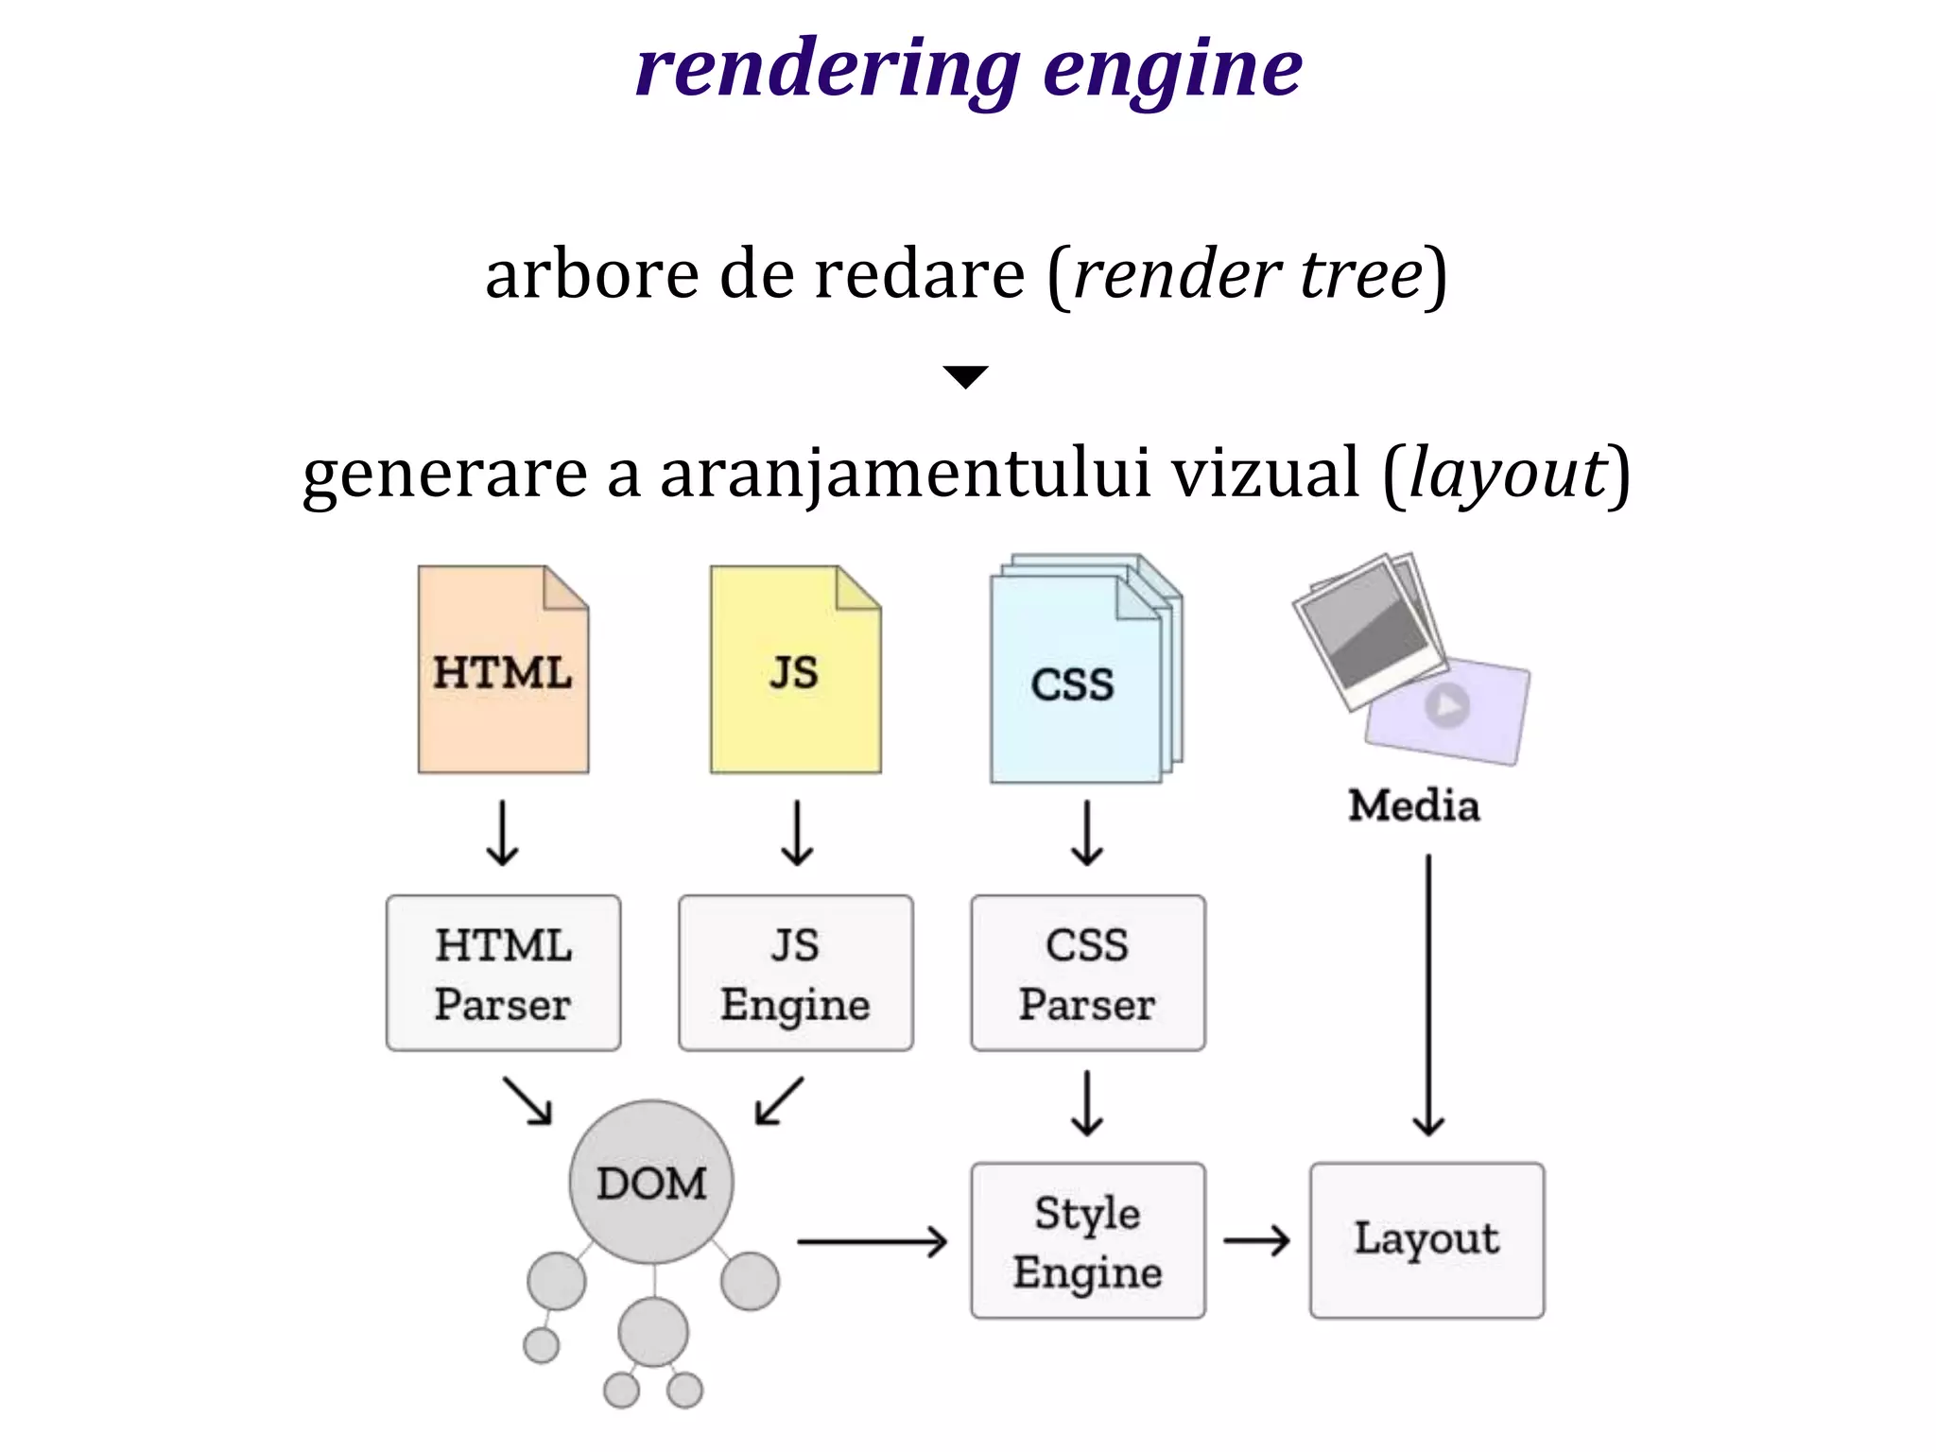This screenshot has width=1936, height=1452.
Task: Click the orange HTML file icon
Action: pyautogui.click(x=503, y=670)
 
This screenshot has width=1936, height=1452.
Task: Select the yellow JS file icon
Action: pyautogui.click(x=795, y=670)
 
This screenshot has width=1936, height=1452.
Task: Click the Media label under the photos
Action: pyautogui.click(x=1413, y=806)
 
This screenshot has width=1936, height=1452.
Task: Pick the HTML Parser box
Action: pyautogui.click(x=503, y=973)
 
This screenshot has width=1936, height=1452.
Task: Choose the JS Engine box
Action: pyautogui.click(x=795, y=973)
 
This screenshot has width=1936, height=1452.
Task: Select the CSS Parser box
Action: pyautogui.click(x=1087, y=973)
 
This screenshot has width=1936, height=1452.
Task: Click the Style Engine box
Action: pyautogui.click(x=1087, y=1240)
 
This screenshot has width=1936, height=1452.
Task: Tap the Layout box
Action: pyautogui.click(x=1426, y=1240)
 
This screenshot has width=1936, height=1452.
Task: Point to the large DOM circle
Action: pyautogui.click(x=651, y=1182)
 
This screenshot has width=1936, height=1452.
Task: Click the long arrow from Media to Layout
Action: pyautogui.click(x=1427, y=993)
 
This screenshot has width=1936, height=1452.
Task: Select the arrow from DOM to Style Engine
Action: pyautogui.click(x=871, y=1241)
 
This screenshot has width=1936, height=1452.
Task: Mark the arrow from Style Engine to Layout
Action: pyautogui.click(x=1256, y=1240)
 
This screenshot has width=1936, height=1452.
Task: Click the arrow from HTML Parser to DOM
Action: pyautogui.click(x=527, y=1101)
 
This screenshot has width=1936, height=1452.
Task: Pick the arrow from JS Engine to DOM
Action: pyautogui.click(x=780, y=1101)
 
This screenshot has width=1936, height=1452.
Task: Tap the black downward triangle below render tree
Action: pyautogui.click(x=965, y=376)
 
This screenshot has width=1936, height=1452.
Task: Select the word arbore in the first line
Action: pyautogui.click(x=592, y=274)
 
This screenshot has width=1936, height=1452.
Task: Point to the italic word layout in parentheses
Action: pyautogui.click(x=1507, y=473)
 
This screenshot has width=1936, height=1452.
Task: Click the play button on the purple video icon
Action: pyautogui.click(x=1446, y=705)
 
